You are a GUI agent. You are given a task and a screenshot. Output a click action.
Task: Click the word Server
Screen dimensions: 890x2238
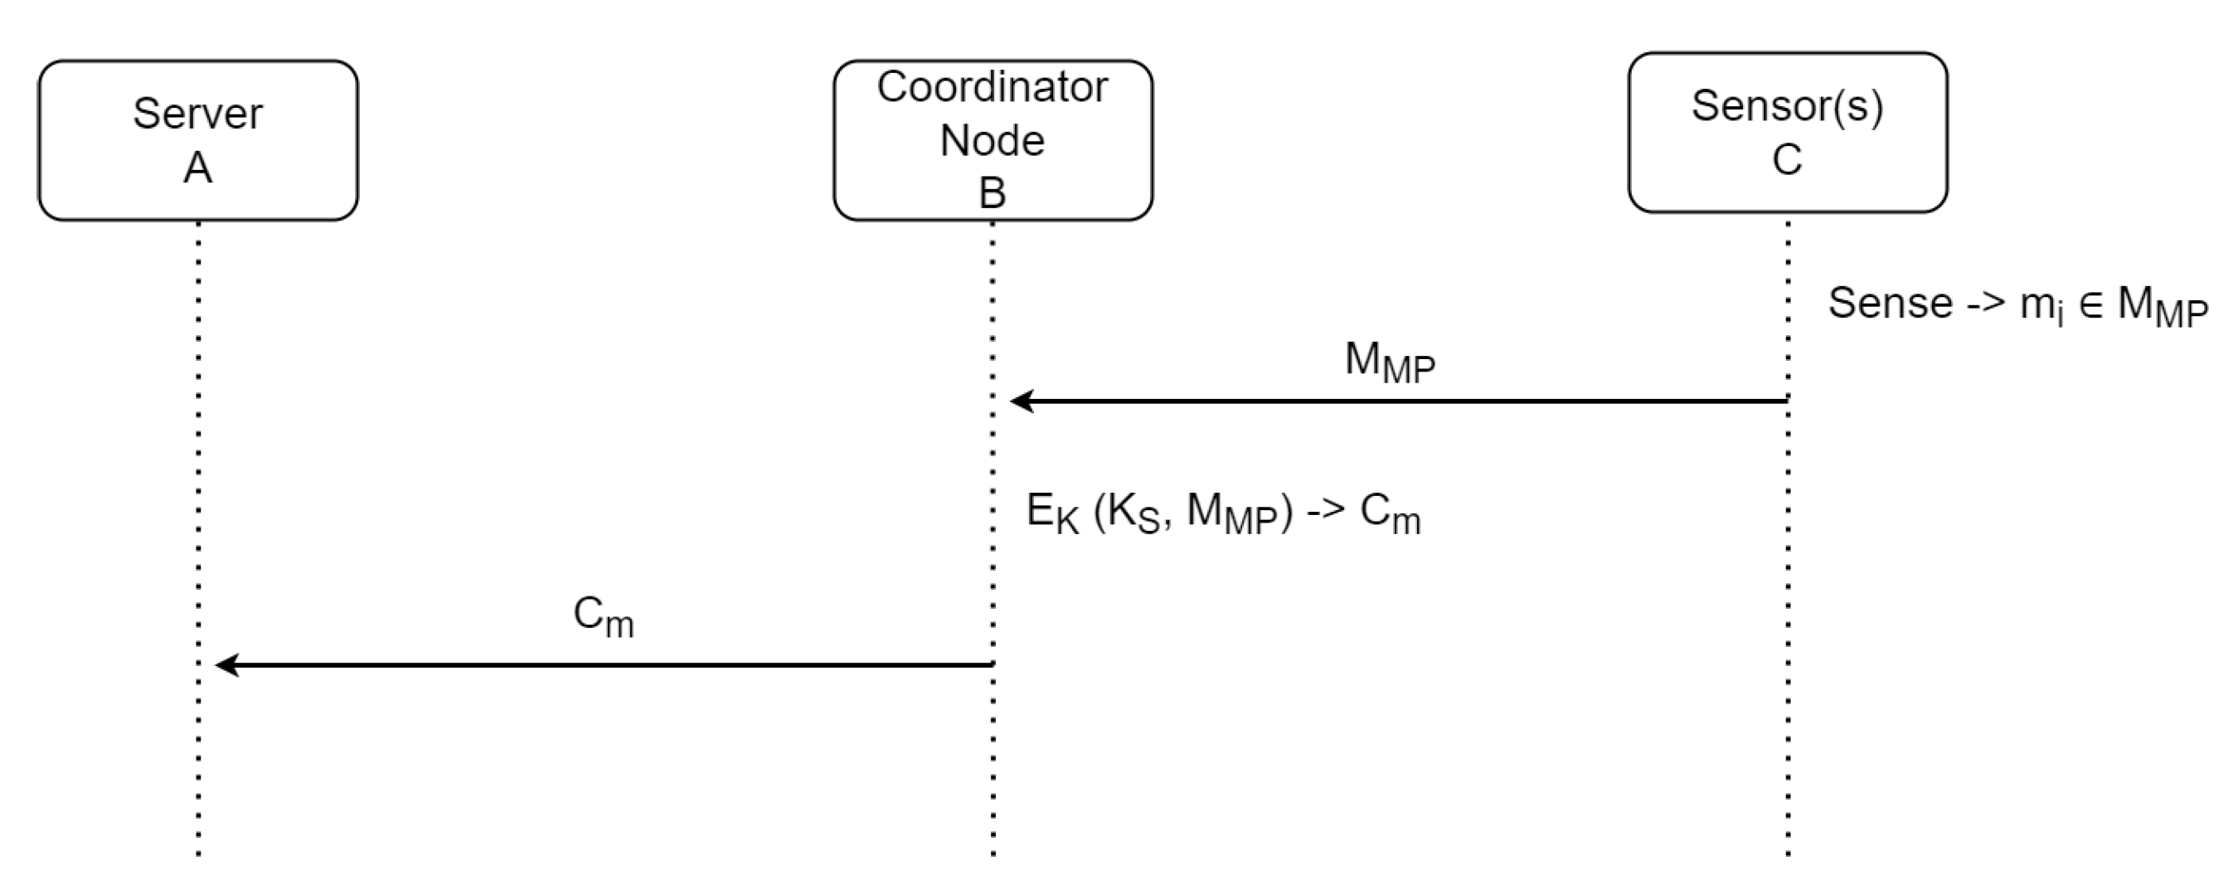[x=197, y=114]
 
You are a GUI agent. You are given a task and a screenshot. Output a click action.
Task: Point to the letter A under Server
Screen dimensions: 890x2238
[x=197, y=168]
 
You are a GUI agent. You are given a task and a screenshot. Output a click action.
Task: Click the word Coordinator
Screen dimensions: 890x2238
[x=993, y=87]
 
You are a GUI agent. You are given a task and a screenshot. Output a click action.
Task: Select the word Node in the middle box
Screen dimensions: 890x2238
[x=993, y=141]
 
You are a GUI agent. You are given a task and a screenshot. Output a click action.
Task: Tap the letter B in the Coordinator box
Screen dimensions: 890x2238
[x=993, y=193]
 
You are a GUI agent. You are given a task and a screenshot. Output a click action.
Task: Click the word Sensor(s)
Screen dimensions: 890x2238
[x=1787, y=106]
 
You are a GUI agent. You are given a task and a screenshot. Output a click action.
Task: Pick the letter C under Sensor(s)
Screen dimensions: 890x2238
[x=1787, y=160]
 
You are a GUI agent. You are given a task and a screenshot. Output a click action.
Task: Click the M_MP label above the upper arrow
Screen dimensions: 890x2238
[x=1389, y=362]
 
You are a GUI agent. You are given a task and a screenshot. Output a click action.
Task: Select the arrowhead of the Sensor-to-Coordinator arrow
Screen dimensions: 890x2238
[x=1021, y=401]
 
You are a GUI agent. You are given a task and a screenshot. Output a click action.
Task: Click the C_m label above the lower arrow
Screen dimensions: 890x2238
[x=603, y=616]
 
